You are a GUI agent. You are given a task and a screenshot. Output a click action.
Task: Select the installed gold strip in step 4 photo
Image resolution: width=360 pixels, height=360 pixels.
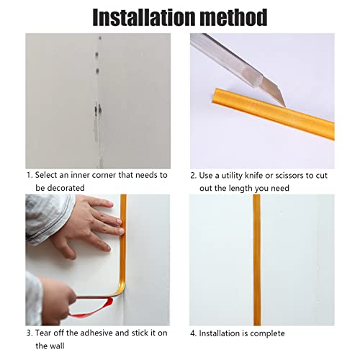[x=256, y=259]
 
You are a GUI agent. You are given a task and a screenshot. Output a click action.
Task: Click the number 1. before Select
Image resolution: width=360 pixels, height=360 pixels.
[x=30, y=175]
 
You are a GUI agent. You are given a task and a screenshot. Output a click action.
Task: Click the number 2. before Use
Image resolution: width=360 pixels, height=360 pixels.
[x=193, y=175]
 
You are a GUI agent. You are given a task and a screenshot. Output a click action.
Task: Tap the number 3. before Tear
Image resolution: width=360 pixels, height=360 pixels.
[x=30, y=333]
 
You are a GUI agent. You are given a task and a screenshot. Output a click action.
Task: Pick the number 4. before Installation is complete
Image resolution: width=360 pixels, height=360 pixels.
[x=193, y=333]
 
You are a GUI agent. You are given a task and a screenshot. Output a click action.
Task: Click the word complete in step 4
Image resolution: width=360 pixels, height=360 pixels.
[x=268, y=333]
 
